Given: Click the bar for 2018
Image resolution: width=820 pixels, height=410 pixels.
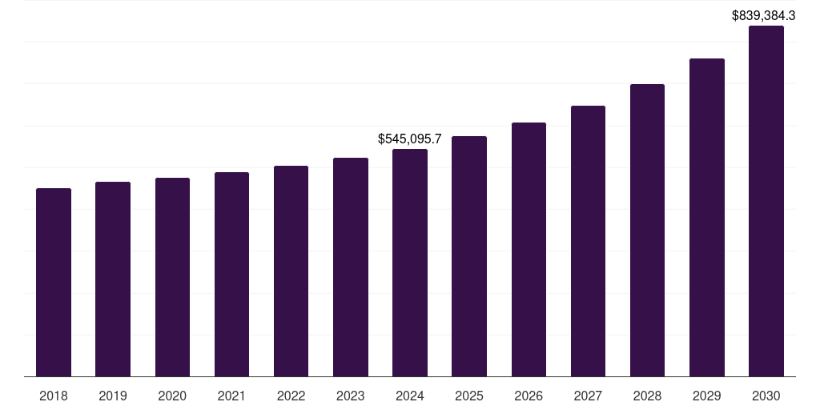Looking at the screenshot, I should (x=54, y=282).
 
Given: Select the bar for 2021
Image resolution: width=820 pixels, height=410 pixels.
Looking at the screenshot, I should (x=231, y=274).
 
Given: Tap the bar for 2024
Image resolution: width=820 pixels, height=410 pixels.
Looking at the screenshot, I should (x=410, y=263).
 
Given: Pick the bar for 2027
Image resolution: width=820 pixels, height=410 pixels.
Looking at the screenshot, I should (x=588, y=241).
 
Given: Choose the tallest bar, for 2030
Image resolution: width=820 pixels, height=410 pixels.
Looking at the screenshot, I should (x=766, y=201).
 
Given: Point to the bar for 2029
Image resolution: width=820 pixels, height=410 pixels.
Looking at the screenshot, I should (x=707, y=217).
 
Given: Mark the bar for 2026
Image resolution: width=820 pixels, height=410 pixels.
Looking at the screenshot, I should (x=529, y=249).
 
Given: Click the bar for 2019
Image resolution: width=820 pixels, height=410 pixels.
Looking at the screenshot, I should (x=113, y=279).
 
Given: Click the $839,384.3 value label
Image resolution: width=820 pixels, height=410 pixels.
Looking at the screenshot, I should (x=764, y=15).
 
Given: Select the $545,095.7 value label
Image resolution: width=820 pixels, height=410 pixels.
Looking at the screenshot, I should (x=410, y=139).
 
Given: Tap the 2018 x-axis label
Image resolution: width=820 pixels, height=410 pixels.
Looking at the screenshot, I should (x=54, y=396).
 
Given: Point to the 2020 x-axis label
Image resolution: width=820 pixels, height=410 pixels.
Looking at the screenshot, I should (x=172, y=396).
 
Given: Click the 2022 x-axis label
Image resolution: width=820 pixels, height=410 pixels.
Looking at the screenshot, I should (x=291, y=396).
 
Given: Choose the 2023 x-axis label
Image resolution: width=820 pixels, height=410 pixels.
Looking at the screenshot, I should (x=351, y=396).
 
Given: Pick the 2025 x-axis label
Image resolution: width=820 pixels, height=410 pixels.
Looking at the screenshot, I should (x=469, y=396).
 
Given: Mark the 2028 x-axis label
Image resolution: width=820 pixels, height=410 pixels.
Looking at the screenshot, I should (x=647, y=396).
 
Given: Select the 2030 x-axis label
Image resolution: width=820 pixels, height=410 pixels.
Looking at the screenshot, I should (x=766, y=396).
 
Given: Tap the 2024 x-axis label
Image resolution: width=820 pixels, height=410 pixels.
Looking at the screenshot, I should (x=410, y=396).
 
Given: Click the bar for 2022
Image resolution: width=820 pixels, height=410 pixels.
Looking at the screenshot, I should (x=291, y=271).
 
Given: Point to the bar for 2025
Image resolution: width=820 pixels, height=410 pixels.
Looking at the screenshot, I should (x=469, y=256).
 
